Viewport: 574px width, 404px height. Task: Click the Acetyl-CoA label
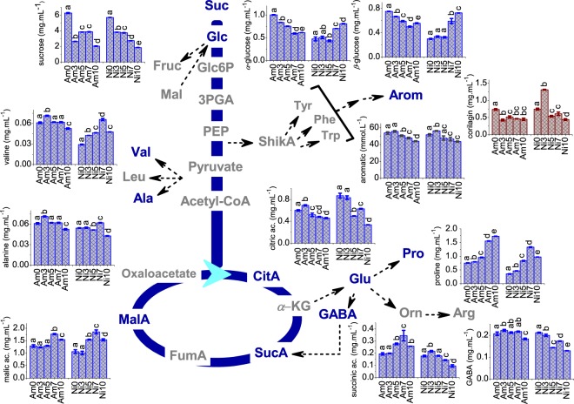tap(217, 201)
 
